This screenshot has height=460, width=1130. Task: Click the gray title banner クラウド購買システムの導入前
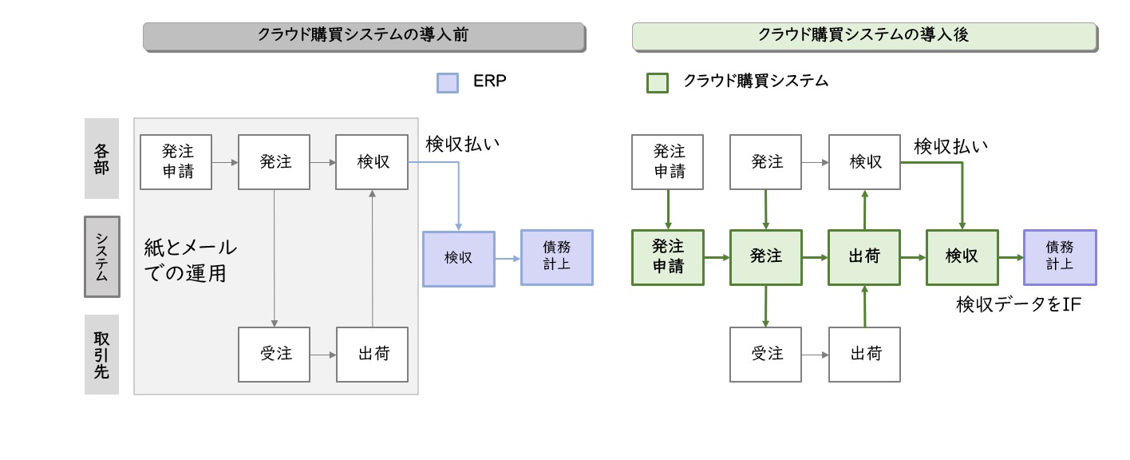[x=364, y=37]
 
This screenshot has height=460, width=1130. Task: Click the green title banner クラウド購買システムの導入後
[x=864, y=37]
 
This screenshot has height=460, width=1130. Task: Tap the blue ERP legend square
[x=448, y=83]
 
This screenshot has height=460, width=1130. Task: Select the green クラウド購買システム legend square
[x=658, y=83]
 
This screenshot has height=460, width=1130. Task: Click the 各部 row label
[x=101, y=159]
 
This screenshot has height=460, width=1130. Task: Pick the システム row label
[x=102, y=256]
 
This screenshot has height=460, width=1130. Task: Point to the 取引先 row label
[x=101, y=355]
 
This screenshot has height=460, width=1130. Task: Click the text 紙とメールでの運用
[x=190, y=260]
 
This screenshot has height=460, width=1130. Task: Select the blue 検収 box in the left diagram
[x=459, y=259]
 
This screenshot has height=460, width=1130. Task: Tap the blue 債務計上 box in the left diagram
[x=557, y=257]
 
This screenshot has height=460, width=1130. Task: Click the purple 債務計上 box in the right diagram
[x=1060, y=257]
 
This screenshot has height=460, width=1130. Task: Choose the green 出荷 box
[x=864, y=257]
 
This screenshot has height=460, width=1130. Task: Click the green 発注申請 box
[x=668, y=257]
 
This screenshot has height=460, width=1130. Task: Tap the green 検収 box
[x=962, y=257]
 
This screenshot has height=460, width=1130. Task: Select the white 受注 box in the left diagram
[x=274, y=355]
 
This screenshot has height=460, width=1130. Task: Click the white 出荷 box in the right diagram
[x=864, y=355]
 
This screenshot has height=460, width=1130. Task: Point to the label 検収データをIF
[x=1018, y=304]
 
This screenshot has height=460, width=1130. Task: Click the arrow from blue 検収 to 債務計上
[x=508, y=259]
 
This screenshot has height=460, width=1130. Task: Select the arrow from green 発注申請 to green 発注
[x=717, y=257]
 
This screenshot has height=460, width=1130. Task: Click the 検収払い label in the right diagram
[x=951, y=146]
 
